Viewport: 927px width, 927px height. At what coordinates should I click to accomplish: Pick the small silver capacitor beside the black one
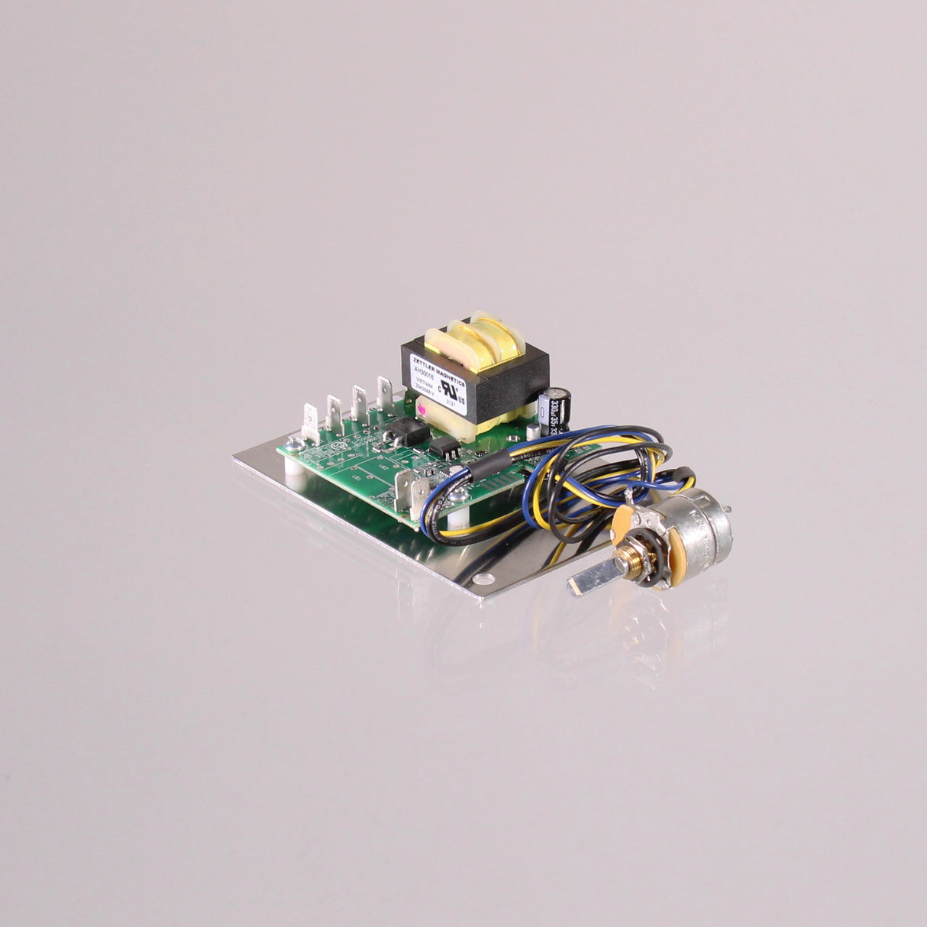(543, 413)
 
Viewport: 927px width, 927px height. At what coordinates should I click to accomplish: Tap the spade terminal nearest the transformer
(386, 392)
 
